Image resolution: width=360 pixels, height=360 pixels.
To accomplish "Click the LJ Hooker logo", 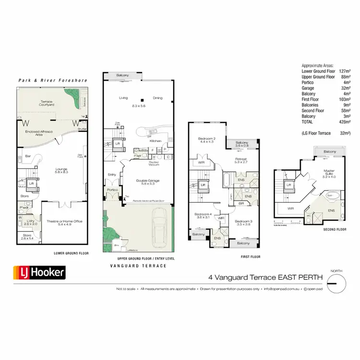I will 38,273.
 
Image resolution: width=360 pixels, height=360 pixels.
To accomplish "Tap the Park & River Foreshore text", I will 52,80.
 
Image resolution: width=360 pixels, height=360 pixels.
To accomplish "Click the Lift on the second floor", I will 289,185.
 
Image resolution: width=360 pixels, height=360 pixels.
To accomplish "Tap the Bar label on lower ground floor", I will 28,156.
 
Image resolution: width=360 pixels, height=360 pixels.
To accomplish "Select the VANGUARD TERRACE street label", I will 138,265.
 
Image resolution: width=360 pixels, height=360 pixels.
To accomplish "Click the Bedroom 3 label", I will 244,222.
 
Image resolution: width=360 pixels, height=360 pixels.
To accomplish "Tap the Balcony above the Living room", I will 122,75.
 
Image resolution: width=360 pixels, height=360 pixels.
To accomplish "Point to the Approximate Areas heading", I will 317,65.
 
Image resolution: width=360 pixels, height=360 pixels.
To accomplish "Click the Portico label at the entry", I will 112,190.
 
